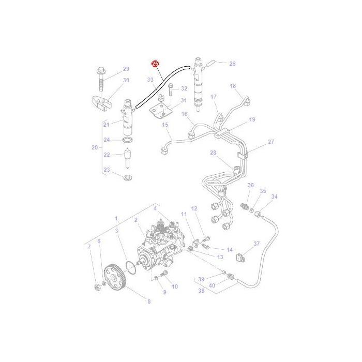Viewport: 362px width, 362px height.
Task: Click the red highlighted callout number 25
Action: (x=155, y=64)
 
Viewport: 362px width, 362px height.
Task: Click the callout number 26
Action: (x=232, y=64)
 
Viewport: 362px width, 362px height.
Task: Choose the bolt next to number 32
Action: (x=171, y=89)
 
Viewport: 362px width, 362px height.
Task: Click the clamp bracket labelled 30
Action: (x=100, y=102)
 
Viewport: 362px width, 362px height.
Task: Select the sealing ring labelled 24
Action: (x=128, y=140)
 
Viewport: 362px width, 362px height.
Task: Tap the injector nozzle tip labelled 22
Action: (x=128, y=158)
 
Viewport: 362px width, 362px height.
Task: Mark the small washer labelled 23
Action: (x=127, y=177)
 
